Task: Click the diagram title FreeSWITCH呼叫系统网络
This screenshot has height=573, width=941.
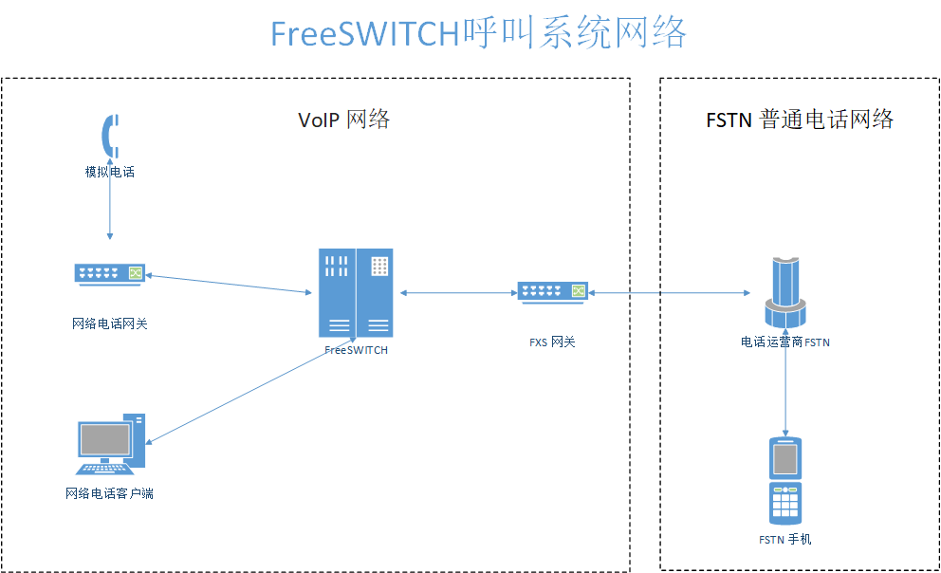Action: [478, 33]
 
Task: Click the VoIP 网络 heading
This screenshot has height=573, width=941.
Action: [343, 120]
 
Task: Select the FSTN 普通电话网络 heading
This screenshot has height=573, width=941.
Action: [800, 120]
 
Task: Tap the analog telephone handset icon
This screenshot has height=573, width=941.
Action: [111, 136]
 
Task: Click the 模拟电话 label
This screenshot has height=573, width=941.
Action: [110, 172]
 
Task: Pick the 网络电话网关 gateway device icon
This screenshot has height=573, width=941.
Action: [110, 273]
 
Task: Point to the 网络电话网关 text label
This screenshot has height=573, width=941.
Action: [110, 323]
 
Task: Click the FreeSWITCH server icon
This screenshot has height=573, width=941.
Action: [356, 292]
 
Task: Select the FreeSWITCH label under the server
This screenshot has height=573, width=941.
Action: [356, 350]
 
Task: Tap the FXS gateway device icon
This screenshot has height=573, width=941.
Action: [553, 292]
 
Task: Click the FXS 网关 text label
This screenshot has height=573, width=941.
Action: [552, 342]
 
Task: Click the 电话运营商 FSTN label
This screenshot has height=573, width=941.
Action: [785, 342]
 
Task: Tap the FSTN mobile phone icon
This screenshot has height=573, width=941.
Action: [785, 480]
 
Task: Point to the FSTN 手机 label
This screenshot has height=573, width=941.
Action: [785, 540]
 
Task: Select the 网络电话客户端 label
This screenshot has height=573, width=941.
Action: [110, 494]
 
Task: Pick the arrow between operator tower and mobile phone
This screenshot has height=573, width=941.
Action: [785, 389]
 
